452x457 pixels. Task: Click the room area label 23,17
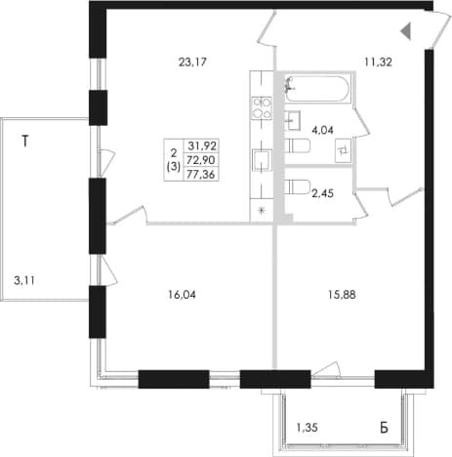coord(192,62)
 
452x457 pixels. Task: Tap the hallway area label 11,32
coord(378,62)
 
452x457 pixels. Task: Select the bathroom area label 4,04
coord(322,130)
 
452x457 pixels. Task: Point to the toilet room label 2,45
coord(322,193)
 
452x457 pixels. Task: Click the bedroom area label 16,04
coord(182,295)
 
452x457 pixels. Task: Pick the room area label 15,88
coord(342,295)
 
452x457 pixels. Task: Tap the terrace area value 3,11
coord(24,280)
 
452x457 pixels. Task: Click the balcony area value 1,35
coord(307,428)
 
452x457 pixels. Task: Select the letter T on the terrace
coord(25,142)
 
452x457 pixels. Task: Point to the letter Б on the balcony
coord(384,428)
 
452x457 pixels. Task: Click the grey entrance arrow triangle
coord(406,31)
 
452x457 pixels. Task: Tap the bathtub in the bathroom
coord(317,89)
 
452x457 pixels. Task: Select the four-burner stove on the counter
coord(263,107)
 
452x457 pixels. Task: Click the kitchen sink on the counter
coord(263,160)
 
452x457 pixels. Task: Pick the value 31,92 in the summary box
coord(202,145)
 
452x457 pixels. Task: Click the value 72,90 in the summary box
coord(202,160)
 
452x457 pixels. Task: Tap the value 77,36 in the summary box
coord(201,175)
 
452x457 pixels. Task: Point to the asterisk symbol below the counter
coord(262,210)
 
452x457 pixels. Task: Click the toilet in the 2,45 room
coord(298,187)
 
